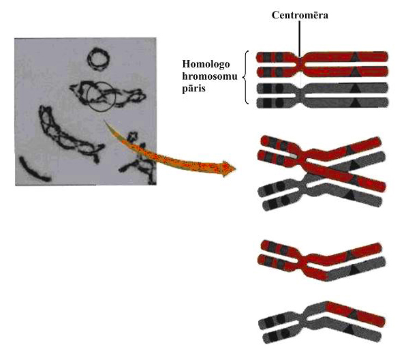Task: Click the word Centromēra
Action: (x=300, y=15)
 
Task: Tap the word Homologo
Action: (x=206, y=65)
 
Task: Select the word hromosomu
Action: (x=210, y=77)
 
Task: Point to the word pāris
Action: (x=193, y=89)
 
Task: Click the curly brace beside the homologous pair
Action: (x=245, y=77)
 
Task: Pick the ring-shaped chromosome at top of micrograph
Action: (x=98, y=59)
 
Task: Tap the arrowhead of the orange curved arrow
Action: (x=228, y=169)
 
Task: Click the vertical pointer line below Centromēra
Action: (x=300, y=39)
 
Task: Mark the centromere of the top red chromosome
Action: (x=300, y=64)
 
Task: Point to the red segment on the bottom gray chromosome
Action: (x=356, y=314)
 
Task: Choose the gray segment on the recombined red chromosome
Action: (x=355, y=269)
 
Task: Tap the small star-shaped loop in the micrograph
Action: (x=134, y=136)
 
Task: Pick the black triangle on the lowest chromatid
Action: (x=349, y=329)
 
